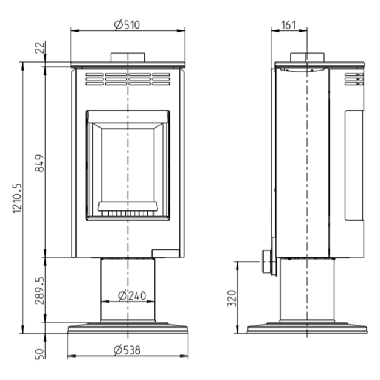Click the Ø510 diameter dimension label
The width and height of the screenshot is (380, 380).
(x=127, y=25)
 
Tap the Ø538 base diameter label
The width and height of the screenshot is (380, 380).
(x=126, y=350)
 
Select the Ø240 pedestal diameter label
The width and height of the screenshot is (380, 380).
(x=132, y=295)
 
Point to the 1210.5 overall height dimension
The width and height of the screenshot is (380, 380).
(x=17, y=198)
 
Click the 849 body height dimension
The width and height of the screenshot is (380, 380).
(x=40, y=163)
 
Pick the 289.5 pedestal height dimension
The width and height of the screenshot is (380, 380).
(x=40, y=291)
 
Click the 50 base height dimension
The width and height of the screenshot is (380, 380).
(x=40, y=354)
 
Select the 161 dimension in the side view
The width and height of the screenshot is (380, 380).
(x=288, y=25)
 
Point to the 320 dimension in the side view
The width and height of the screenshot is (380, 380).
(x=232, y=298)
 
